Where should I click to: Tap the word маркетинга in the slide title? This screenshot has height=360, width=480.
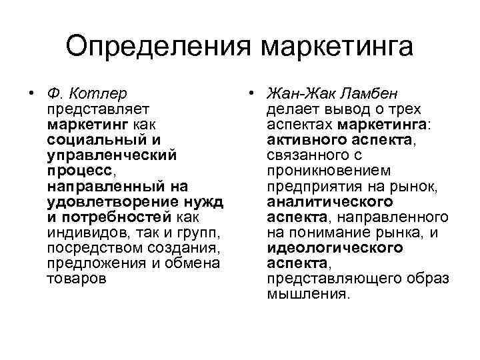point(337,47)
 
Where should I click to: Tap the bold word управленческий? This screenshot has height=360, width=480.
point(111,155)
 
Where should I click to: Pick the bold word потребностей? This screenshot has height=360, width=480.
point(113,217)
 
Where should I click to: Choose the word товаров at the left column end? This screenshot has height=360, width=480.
point(76,278)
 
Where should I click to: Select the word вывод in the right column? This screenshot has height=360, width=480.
point(341,109)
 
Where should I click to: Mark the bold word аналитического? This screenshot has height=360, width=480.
point(329,201)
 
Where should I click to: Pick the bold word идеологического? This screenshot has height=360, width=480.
point(335,247)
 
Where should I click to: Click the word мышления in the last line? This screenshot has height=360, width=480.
point(307,294)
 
